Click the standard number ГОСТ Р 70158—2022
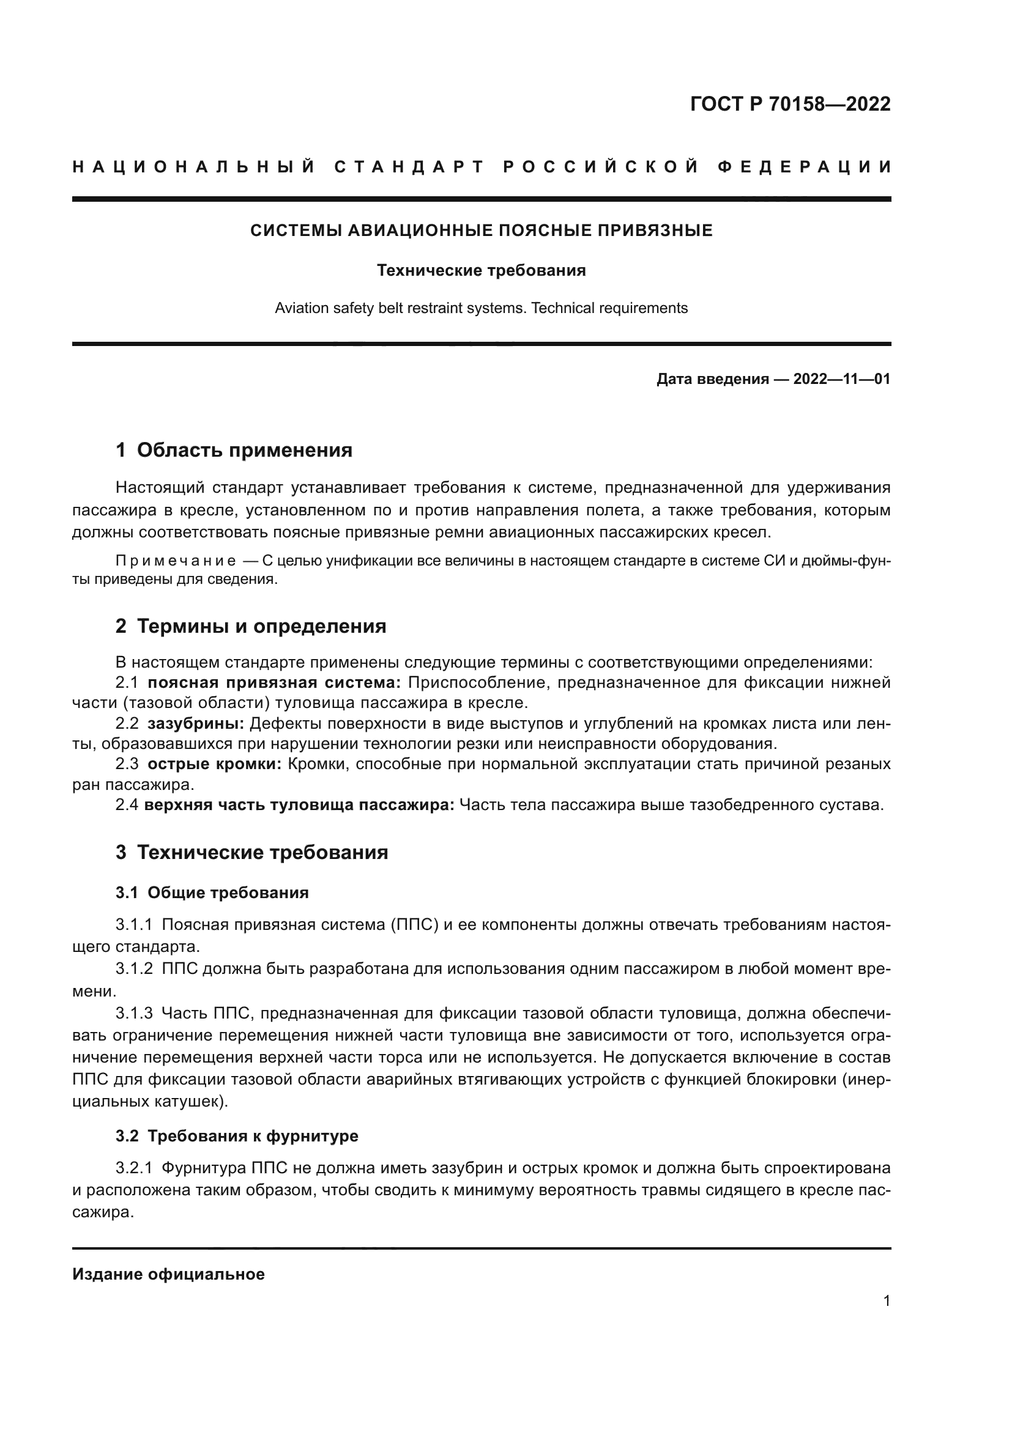790,104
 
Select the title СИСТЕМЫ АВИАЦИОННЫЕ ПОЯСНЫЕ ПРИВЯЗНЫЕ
481,231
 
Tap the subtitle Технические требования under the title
481,271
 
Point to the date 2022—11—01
841,379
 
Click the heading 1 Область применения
234,451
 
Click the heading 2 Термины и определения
250,626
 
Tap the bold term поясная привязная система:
274,683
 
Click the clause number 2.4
127,805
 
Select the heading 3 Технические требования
251,852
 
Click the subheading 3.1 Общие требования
212,893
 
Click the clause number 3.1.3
134,1013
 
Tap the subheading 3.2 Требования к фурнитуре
237,1136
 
